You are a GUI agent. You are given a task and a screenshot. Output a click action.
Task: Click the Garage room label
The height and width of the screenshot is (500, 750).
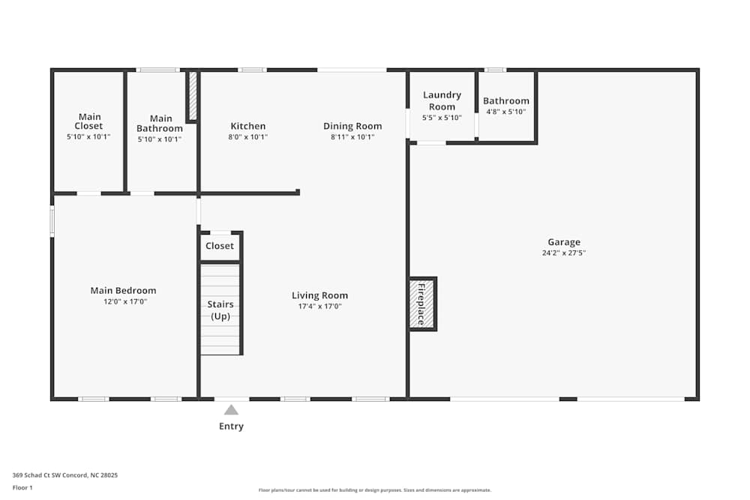click(x=564, y=242)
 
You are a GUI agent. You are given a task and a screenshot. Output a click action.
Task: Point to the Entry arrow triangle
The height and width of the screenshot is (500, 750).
click(x=231, y=409)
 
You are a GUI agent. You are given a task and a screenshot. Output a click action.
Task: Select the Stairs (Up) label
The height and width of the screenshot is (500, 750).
click(x=220, y=310)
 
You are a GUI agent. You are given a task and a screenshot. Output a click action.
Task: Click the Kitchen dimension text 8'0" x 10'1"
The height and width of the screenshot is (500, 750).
click(x=247, y=136)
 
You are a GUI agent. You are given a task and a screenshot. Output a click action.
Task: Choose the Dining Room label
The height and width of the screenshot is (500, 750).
click(x=352, y=126)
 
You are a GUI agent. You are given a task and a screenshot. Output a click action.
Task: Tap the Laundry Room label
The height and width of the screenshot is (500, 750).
click(x=442, y=100)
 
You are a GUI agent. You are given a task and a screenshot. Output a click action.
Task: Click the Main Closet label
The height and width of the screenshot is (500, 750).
click(x=89, y=121)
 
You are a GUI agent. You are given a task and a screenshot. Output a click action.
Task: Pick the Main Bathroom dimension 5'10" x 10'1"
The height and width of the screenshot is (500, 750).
click(x=160, y=139)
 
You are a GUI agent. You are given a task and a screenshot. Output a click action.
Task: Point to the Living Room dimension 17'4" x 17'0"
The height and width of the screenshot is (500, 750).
click(x=320, y=306)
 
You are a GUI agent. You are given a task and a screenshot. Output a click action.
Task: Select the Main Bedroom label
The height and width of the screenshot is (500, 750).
click(x=124, y=290)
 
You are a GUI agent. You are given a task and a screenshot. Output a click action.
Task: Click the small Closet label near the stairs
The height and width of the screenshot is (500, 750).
click(x=220, y=246)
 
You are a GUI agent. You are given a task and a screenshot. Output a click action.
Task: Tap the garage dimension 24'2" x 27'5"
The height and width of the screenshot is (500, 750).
click(x=564, y=253)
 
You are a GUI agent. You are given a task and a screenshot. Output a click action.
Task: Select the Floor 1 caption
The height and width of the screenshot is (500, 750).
click(x=22, y=487)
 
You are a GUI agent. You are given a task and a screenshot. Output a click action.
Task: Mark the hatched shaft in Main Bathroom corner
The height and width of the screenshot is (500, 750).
click(x=193, y=96)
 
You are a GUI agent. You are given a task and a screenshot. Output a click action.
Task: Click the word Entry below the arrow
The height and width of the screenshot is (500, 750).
click(x=231, y=426)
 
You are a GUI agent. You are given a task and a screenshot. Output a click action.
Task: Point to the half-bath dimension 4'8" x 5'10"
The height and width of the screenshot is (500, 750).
click(x=506, y=112)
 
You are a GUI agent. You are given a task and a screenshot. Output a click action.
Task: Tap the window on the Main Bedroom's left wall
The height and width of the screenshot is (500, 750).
click(x=52, y=221)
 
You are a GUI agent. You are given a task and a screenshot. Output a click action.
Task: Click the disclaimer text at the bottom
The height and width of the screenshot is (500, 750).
click(x=374, y=490)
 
